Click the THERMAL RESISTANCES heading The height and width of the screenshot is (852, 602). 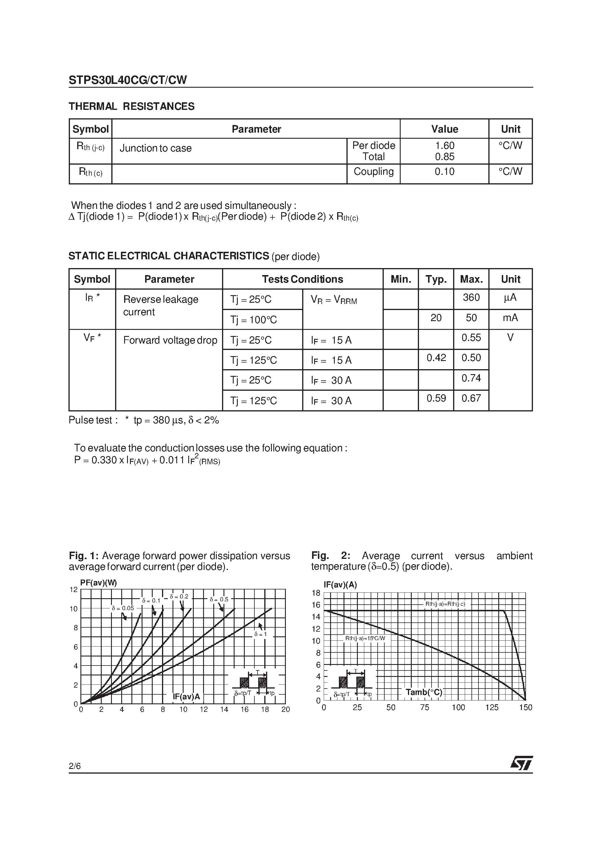(131, 107)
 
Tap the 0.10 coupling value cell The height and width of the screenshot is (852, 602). (444, 172)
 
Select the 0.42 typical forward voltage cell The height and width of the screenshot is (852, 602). (436, 358)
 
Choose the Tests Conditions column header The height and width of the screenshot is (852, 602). (302, 279)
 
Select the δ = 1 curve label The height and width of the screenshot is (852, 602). (260, 634)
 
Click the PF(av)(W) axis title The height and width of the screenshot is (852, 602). (98, 583)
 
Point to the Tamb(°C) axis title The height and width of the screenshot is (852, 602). (424, 692)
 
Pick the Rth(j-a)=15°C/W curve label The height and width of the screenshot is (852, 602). (365, 638)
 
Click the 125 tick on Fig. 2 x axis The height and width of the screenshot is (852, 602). (492, 707)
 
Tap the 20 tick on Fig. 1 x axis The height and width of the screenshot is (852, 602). (286, 709)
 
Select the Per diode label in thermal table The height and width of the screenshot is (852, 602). (373, 145)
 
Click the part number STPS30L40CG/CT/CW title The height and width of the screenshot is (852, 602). (128, 80)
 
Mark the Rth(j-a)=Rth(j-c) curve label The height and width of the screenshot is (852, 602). (445, 604)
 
